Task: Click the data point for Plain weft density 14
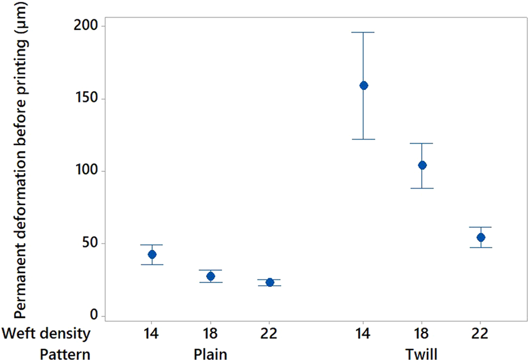pos(152,254)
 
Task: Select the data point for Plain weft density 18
pos(211,276)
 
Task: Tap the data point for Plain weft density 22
pos(270,282)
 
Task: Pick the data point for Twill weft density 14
pos(364,86)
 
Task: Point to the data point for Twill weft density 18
pos(422,165)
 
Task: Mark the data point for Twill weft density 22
pos(481,237)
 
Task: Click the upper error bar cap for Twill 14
pos(364,32)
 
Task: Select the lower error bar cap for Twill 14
pos(364,139)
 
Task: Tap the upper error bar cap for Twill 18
pos(422,143)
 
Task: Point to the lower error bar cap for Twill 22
pos(481,248)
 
